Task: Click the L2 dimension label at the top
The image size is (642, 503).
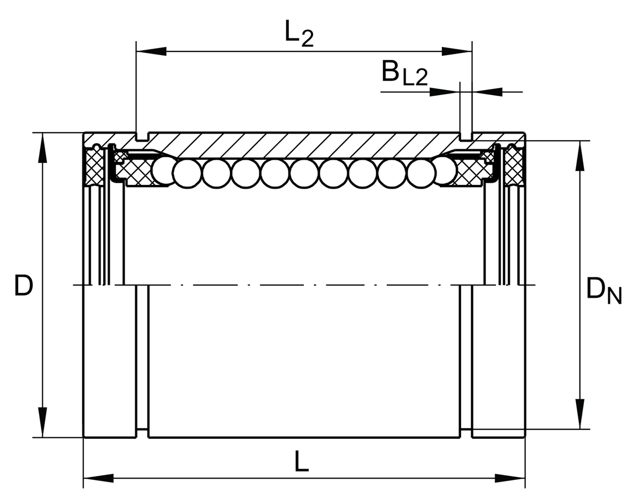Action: [x=299, y=34]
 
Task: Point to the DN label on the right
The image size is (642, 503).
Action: [x=603, y=291]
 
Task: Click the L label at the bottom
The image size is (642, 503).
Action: [x=302, y=461]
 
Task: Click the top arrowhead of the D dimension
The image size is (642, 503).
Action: [x=42, y=147]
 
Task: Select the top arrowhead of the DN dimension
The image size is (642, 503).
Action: [x=579, y=156]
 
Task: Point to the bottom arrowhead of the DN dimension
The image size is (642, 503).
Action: [x=579, y=414]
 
